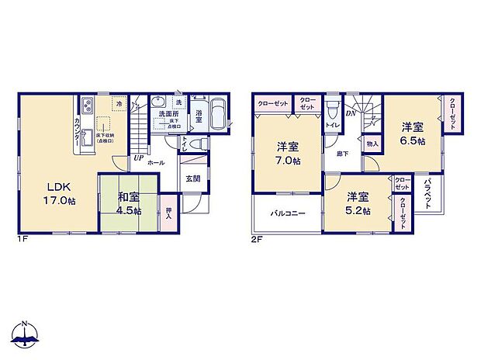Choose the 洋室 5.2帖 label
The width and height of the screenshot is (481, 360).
coord(358,203)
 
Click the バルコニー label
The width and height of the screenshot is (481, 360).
coord(287,213)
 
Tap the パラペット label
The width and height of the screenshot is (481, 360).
coord(428,193)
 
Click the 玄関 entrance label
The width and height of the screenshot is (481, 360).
coord(192,178)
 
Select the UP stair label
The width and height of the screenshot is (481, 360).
coord(137,158)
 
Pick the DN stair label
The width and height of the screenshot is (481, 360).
coord(351,112)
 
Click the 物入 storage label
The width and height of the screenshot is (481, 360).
coord(372,144)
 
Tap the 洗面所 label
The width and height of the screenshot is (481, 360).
coord(169,114)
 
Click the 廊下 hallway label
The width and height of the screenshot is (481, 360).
coord(341,154)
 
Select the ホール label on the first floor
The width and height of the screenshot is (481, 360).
coord(155,164)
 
